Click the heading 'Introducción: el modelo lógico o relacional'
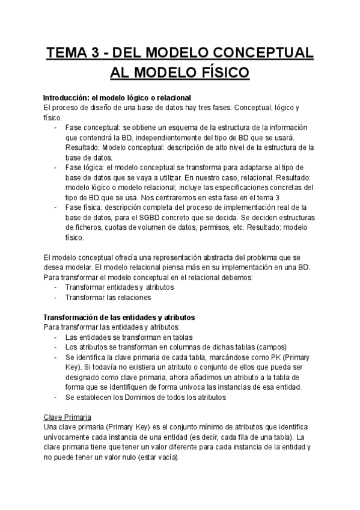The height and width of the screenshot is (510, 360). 117,97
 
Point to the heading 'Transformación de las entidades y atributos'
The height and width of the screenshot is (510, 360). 119,317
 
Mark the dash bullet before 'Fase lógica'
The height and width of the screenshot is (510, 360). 55,167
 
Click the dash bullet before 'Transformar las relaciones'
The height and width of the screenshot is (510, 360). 55,297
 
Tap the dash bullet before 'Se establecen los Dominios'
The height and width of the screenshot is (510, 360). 55,396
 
